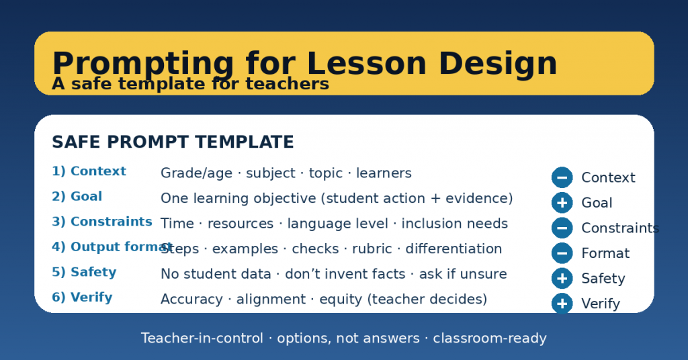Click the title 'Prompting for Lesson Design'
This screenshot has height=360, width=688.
304,64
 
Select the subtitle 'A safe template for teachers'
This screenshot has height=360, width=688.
190,84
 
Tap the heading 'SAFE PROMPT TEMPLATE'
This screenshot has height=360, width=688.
173,142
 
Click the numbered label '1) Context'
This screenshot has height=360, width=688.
89,171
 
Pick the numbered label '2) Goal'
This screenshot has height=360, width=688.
77,196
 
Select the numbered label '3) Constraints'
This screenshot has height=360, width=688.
102,222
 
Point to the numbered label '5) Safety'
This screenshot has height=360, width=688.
84,272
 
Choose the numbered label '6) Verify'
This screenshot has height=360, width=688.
82,298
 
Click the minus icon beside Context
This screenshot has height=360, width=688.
562,177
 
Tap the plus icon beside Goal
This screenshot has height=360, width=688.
562,203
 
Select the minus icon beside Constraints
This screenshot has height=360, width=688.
562,228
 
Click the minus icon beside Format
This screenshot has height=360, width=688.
562,253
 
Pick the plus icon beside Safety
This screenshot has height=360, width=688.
562,279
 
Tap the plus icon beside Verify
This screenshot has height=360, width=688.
562,304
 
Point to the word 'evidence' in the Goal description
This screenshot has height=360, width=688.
476,198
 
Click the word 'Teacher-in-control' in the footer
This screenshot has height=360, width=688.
202,339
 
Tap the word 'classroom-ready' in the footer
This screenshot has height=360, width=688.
490,339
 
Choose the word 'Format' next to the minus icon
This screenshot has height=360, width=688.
605,253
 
